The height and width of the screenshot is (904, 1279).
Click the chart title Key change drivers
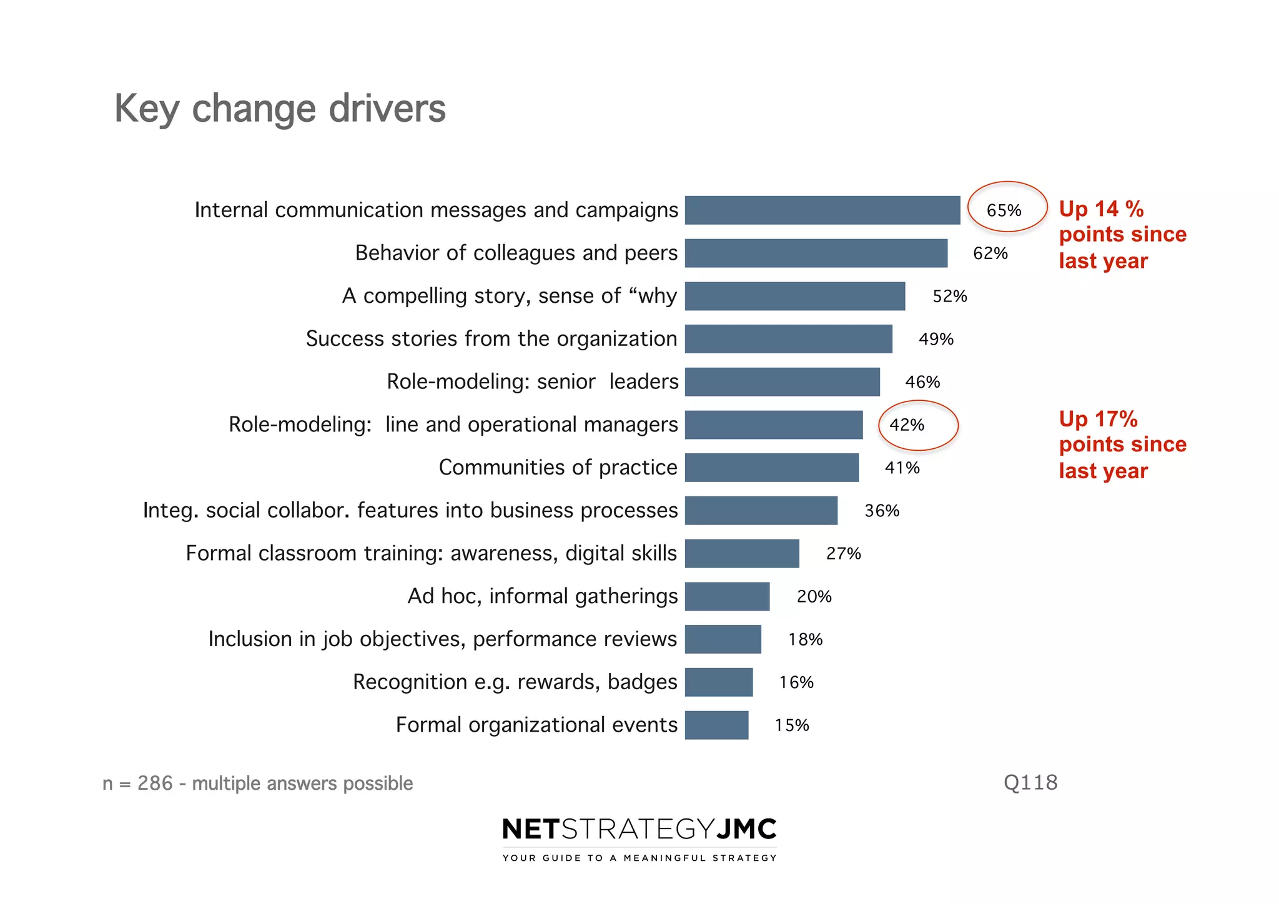click(280, 109)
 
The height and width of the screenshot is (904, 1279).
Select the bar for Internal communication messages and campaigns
click(822, 210)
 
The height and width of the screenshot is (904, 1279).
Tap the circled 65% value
click(1004, 210)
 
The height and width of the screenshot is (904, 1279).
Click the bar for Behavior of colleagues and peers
click(816, 253)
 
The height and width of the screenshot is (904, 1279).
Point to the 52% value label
click(949, 296)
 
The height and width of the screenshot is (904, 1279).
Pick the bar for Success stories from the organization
click(788, 338)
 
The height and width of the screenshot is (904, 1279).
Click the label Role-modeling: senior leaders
click(532, 381)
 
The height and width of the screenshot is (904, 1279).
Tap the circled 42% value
click(907, 425)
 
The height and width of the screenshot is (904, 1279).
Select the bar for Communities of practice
click(771, 468)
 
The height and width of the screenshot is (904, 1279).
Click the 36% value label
click(882, 511)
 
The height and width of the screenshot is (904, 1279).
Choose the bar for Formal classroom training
click(742, 553)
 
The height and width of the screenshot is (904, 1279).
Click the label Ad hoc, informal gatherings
click(542, 596)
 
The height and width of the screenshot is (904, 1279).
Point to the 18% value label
click(805, 639)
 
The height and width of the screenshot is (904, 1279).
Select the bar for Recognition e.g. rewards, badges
click(719, 682)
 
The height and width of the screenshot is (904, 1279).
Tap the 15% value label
click(792, 725)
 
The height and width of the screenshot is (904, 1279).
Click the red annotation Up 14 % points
click(1122, 234)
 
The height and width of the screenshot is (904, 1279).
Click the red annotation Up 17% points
click(1122, 445)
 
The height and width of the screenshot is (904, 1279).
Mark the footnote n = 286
click(257, 783)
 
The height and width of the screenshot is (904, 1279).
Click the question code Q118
click(1030, 782)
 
